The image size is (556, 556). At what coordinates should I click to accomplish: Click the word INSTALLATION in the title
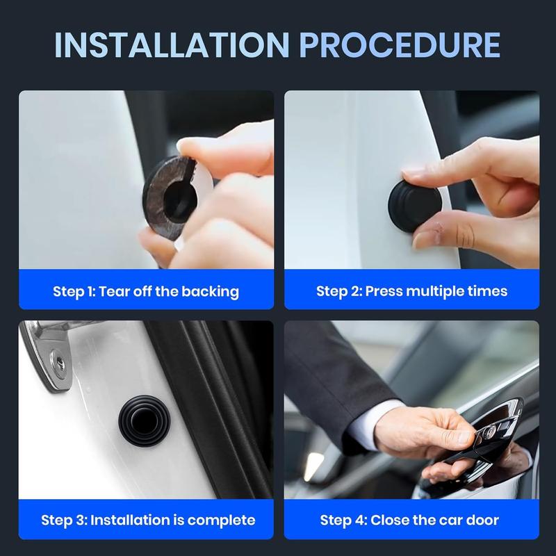click(172, 44)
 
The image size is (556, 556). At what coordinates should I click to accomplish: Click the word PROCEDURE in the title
click(400, 44)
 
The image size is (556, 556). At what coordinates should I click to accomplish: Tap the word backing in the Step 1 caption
click(210, 292)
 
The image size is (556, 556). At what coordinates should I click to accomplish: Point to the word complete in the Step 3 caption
click(221, 521)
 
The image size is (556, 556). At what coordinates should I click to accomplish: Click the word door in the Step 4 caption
click(482, 520)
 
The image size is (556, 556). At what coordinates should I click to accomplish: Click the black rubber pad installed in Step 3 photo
click(145, 420)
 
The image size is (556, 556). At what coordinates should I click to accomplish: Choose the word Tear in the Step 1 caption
click(113, 291)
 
